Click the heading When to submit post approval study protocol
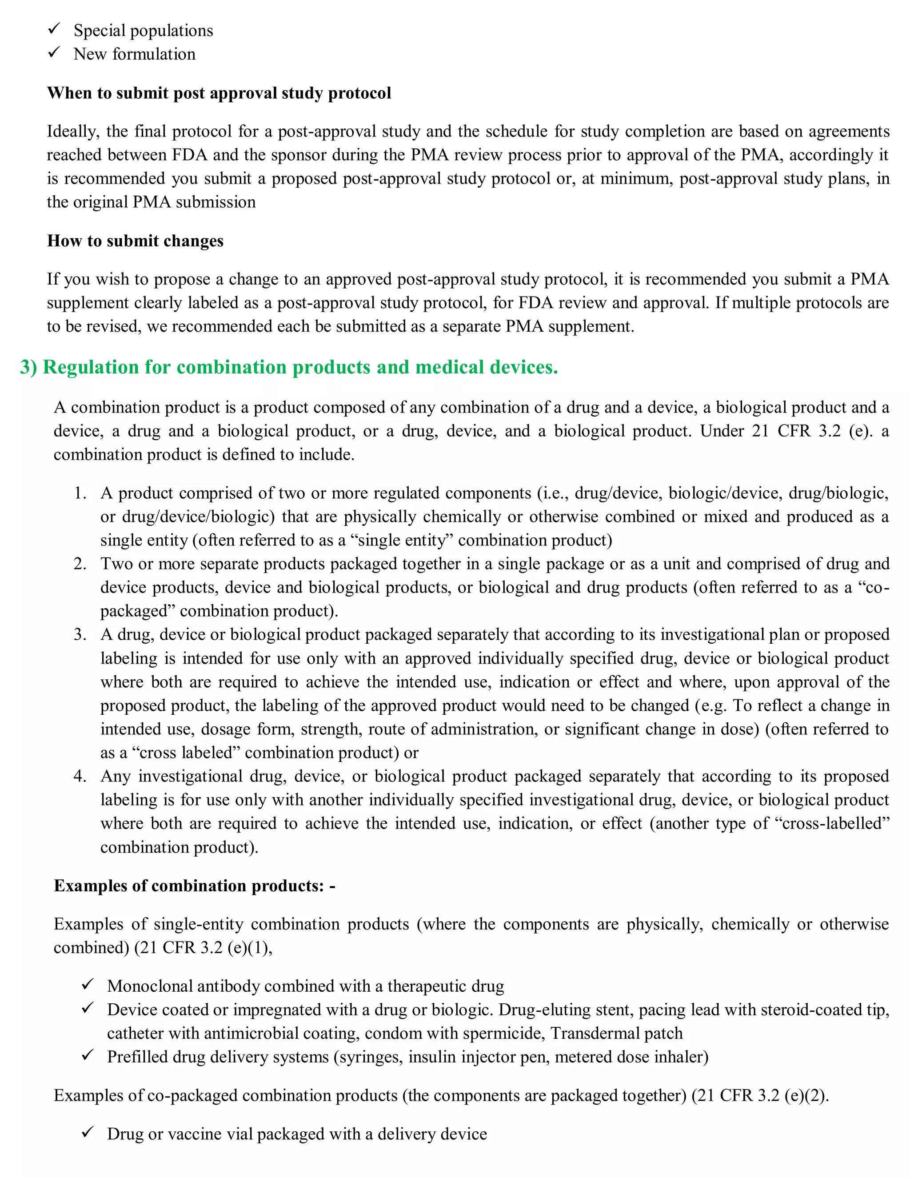219,93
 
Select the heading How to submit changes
136,240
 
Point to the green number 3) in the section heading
28,367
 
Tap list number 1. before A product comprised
80,493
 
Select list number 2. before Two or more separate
80,564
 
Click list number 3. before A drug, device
80,634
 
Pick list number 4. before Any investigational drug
80,776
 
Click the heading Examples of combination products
194,886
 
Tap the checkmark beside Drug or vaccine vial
88,1132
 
